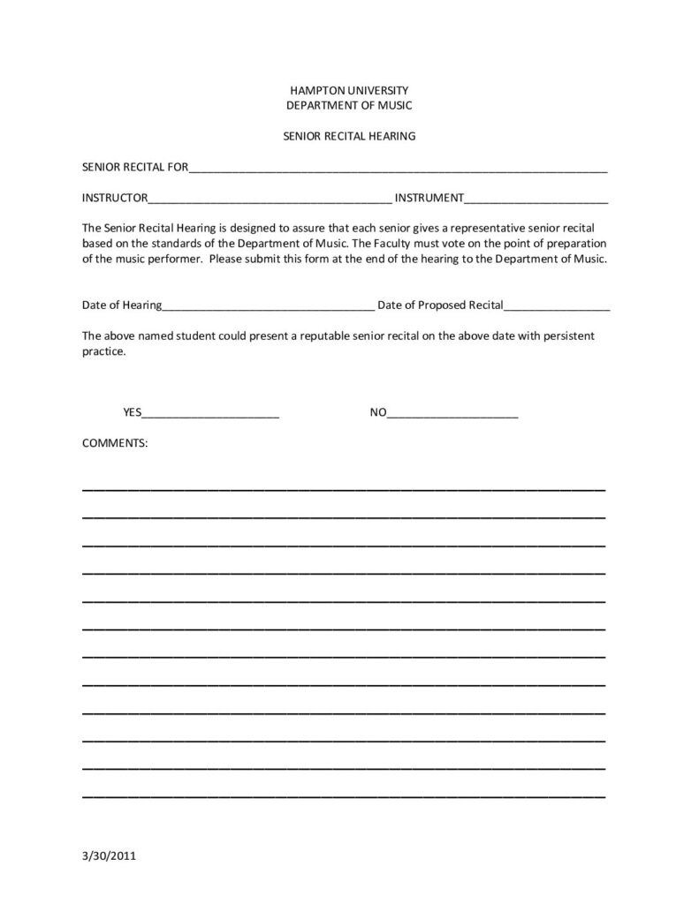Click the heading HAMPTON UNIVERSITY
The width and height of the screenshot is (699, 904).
349,90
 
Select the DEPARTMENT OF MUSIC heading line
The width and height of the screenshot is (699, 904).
349,105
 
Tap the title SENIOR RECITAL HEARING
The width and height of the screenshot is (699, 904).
349,137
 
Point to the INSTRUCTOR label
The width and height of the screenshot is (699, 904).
115,198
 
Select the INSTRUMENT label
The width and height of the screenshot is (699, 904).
429,198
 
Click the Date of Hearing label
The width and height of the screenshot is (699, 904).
122,305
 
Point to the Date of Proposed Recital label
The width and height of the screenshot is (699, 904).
440,305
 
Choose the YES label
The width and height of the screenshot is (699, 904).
132,411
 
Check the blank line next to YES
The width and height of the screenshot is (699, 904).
210,415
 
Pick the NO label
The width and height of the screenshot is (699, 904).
377,411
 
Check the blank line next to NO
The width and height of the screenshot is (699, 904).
452,415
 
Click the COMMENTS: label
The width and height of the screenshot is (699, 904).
115,442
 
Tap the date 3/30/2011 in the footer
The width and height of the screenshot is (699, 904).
109,855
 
